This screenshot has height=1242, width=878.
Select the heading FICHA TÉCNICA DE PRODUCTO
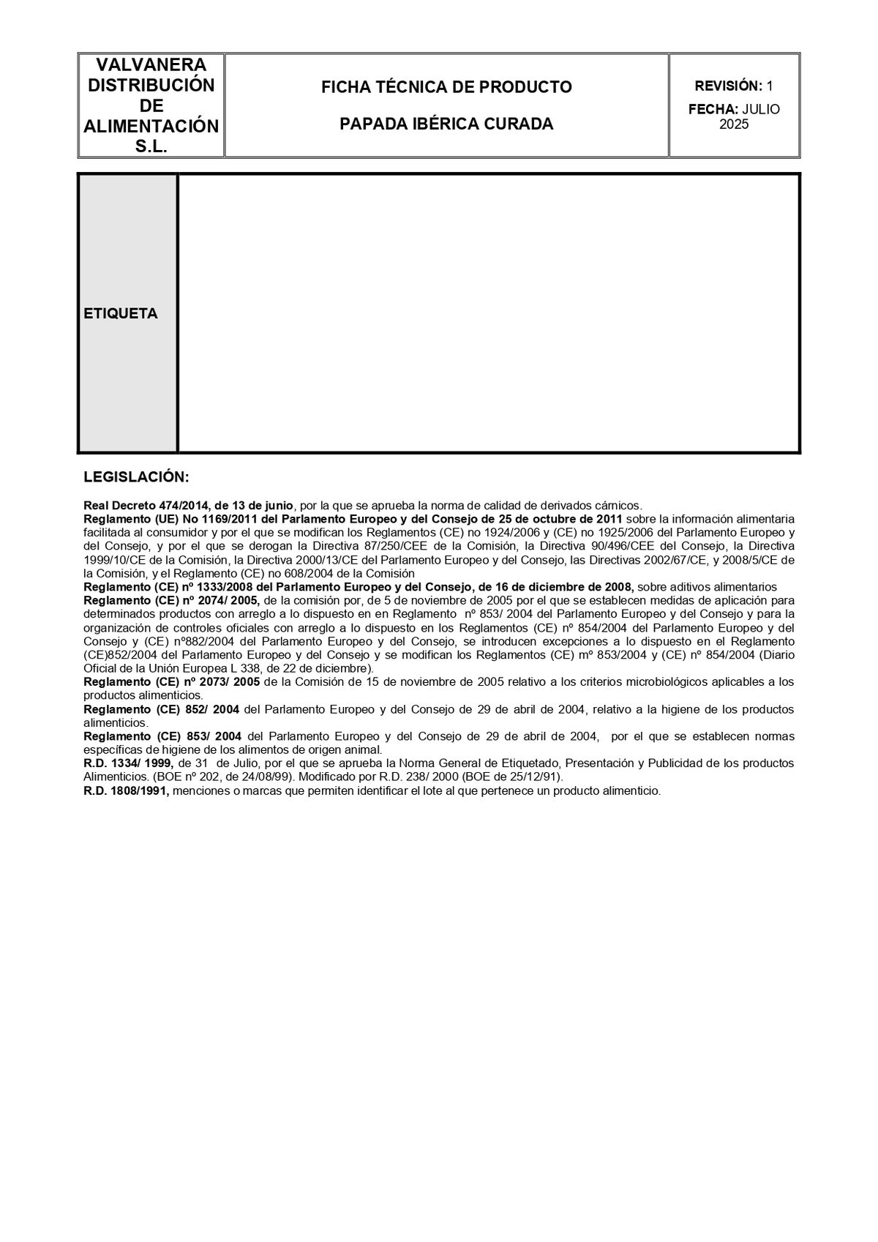click(446, 87)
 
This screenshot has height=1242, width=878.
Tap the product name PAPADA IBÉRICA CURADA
click(446, 124)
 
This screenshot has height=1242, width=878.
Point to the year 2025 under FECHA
click(734, 124)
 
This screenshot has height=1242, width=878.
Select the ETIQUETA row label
click(121, 313)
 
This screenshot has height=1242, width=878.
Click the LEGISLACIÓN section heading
click(136, 477)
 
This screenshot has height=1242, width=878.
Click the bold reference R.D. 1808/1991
click(127, 791)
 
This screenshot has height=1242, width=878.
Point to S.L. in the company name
click(151, 146)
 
